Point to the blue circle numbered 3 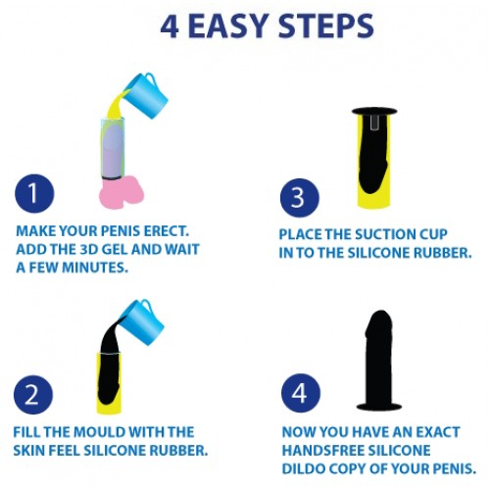[299, 198]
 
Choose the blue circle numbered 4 [299, 394]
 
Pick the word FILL [30, 432]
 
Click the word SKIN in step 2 [34, 450]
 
